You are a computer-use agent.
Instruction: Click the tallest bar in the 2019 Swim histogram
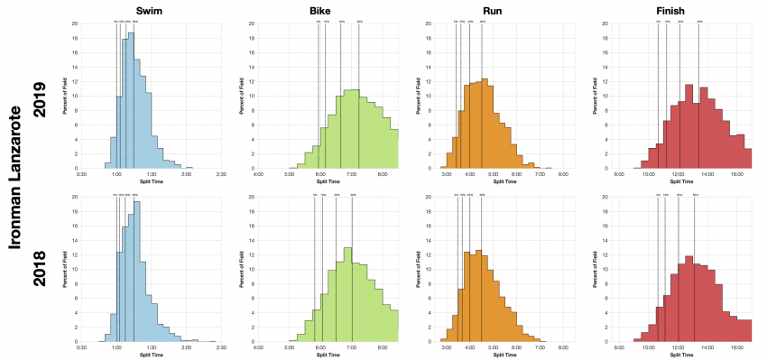131,101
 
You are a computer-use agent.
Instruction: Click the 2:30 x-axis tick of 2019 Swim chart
221,174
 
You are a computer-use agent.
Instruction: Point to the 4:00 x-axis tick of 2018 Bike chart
259,346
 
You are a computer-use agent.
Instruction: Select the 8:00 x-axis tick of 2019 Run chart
562,174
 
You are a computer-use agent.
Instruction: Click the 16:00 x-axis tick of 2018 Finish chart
736,346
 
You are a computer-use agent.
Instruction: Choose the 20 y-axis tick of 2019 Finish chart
611,23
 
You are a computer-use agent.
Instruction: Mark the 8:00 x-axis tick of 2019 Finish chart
619,174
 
